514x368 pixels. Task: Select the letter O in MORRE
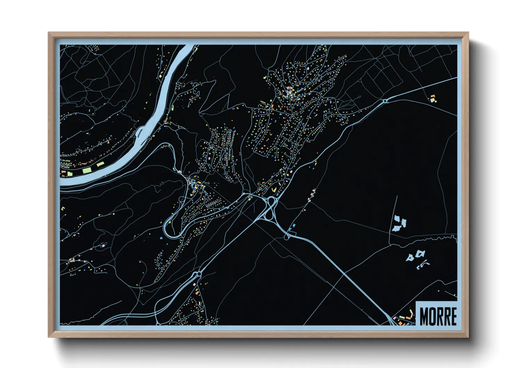[x=432, y=316]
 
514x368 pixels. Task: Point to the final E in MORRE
[x=453, y=316]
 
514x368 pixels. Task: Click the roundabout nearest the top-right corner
[x=385, y=101]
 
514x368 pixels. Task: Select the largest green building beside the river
[x=87, y=170]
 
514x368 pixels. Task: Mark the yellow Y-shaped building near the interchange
[x=274, y=190]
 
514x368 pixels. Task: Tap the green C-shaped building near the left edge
[x=63, y=208]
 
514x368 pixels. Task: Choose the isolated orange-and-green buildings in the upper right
[x=432, y=98]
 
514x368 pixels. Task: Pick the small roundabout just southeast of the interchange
[x=286, y=237]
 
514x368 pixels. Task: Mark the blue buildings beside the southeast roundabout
[x=292, y=227]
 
